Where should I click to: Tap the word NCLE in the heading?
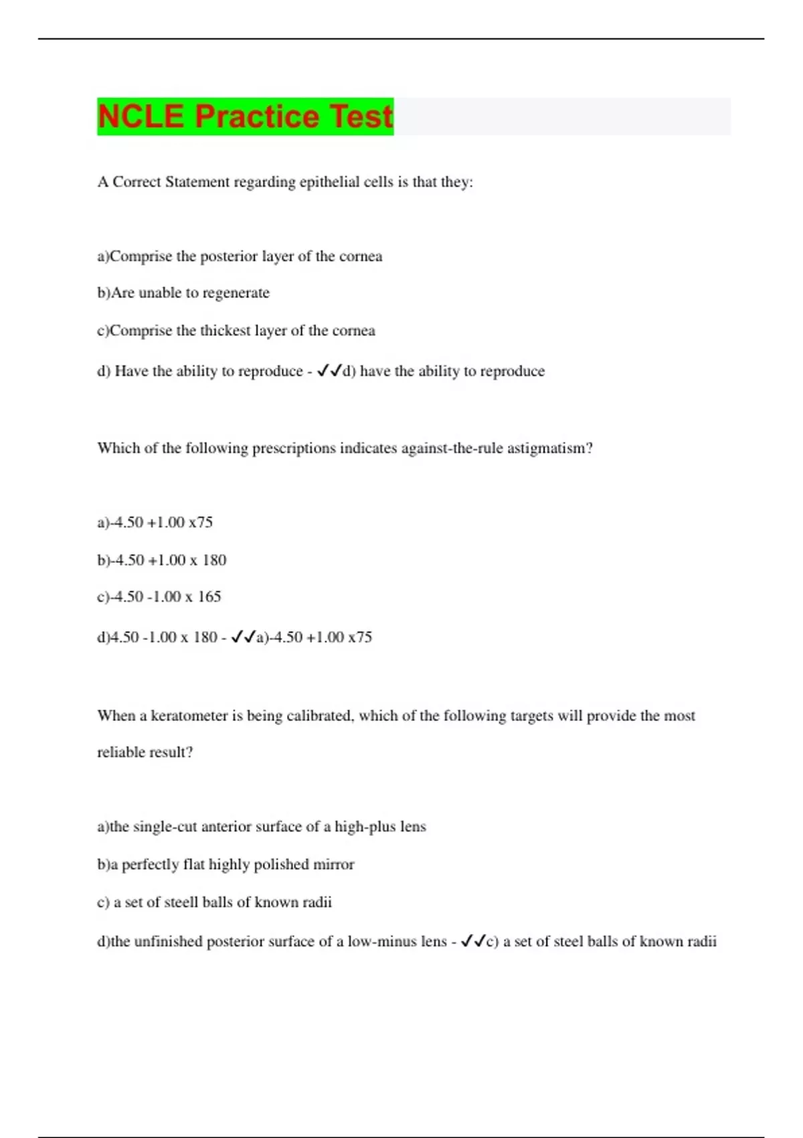(141, 116)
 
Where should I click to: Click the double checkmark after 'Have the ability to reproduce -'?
(329, 371)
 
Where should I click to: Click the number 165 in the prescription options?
(209, 596)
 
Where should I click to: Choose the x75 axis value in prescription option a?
(200, 522)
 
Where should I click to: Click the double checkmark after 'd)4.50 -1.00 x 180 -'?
(244, 637)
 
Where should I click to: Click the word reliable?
(121, 752)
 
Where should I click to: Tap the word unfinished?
(168, 942)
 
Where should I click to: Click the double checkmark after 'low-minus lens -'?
(473, 942)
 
